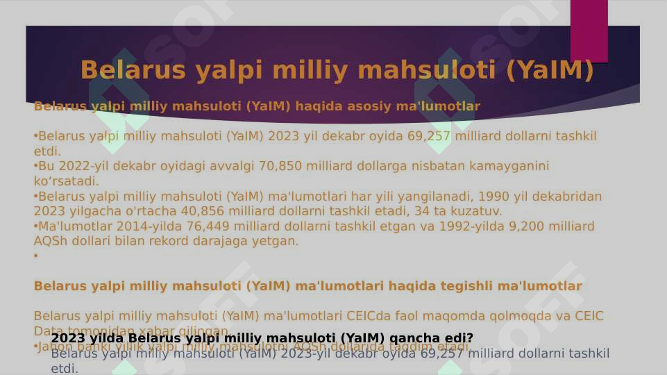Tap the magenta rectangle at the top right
pyautogui.click(x=589, y=31)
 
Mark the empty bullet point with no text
pyautogui.click(x=35, y=256)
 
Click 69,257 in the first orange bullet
pyautogui.click(x=428, y=136)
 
